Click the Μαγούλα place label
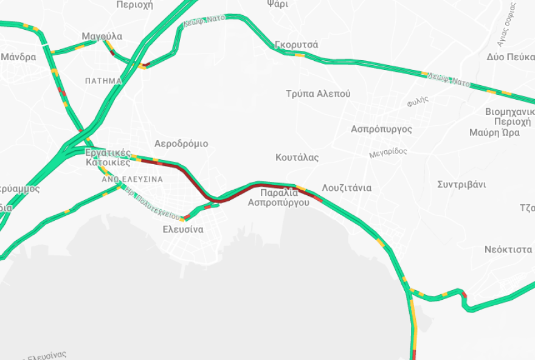(x=102, y=36)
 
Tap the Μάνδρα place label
(x=18, y=57)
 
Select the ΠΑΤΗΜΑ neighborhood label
(x=103, y=81)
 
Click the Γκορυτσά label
(x=296, y=45)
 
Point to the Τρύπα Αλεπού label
(x=318, y=94)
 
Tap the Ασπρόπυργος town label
(x=381, y=129)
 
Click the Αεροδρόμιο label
(x=181, y=144)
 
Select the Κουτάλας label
(x=297, y=157)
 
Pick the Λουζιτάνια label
(x=347, y=187)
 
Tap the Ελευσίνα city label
(x=183, y=230)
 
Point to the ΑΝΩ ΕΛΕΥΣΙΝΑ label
(x=132, y=179)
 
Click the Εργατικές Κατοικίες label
(x=108, y=157)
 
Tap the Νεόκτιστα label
(x=508, y=249)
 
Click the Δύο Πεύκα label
(x=510, y=57)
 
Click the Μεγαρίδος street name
(x=388, y=153)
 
